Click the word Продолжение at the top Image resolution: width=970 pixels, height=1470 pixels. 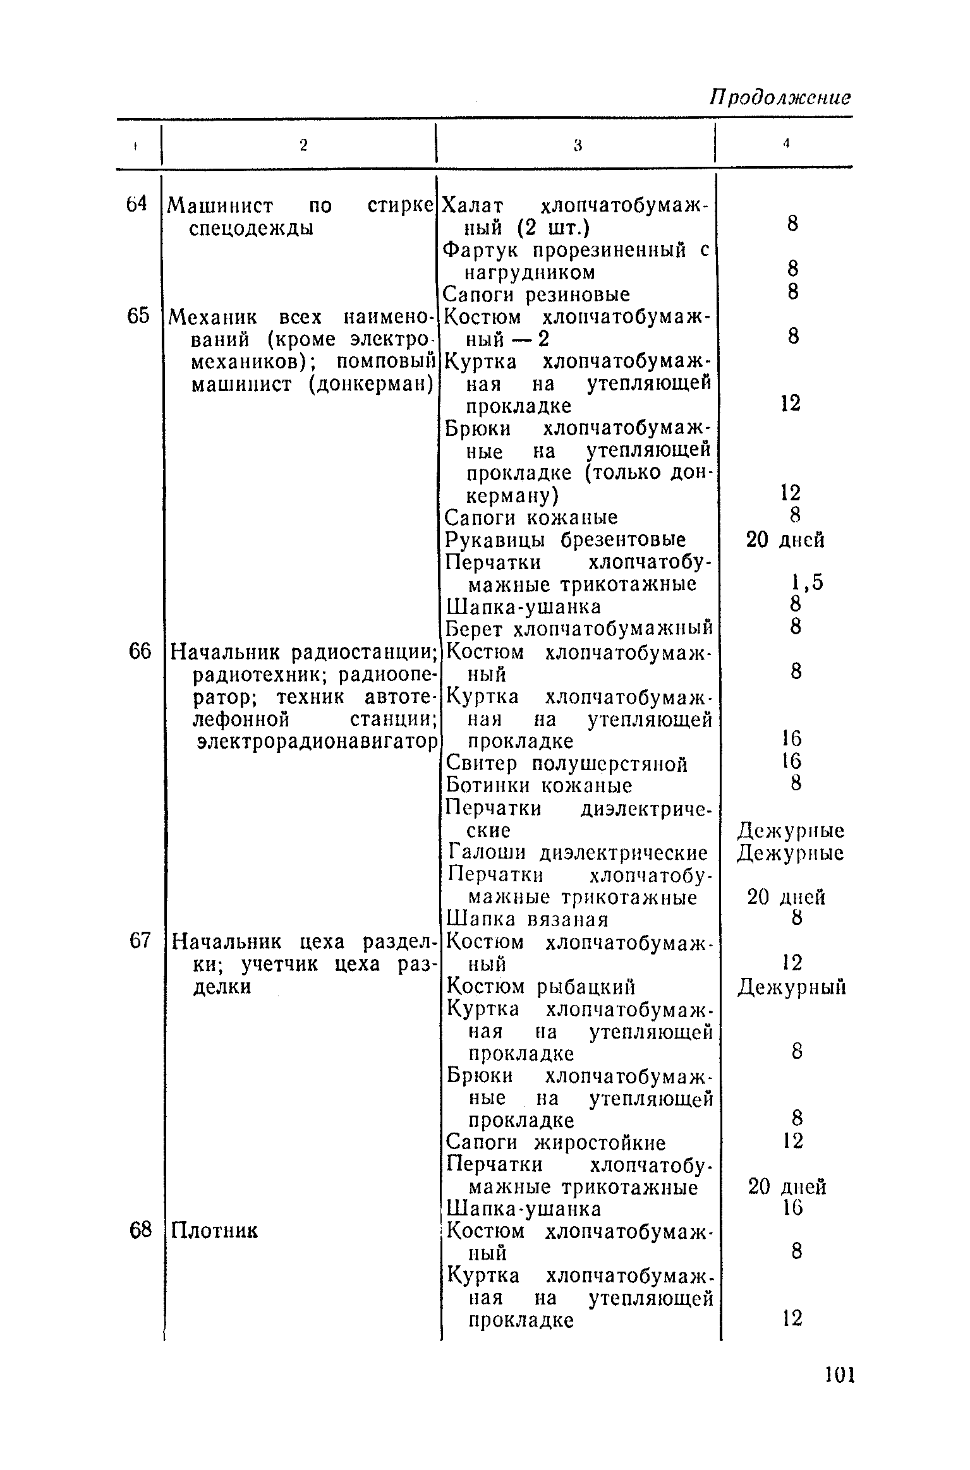(x=780, y=98)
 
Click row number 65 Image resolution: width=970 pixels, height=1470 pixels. (x=138, y=316)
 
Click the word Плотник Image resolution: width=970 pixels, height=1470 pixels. (x=215, y=1231)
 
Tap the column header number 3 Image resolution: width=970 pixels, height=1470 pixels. (x=577, y=145)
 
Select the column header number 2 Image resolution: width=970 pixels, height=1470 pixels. (x=303, y=145)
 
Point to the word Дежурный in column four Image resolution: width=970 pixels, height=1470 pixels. (x=791, y=987)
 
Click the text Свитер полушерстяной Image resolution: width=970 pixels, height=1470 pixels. (x=567, y=764)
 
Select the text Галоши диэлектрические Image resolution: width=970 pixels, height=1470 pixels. (x=578, y=853)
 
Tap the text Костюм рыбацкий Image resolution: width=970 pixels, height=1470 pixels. (x=540, y=987)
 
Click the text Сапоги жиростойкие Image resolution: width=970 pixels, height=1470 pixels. (x=555, y=1143)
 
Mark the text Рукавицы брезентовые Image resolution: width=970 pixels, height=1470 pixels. (x=566, y=540)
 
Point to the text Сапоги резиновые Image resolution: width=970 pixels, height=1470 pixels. (x=537, y=294)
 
